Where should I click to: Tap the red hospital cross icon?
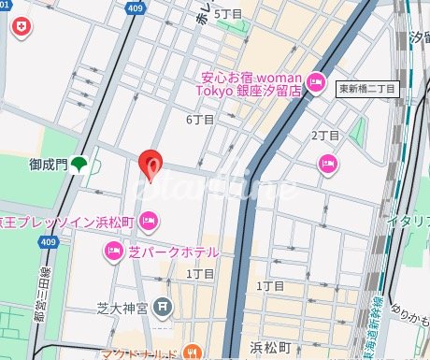point(20,30)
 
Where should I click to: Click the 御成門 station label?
point(48,164)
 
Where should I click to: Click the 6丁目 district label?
point(200,120)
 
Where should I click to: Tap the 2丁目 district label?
point(324,136)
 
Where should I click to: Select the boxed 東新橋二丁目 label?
point(368,88)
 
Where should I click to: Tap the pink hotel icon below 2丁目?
point(327,165)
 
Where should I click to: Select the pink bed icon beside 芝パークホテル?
point(113,251)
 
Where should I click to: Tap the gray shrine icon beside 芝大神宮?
point(165,305)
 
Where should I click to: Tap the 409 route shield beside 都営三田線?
point(48,243)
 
